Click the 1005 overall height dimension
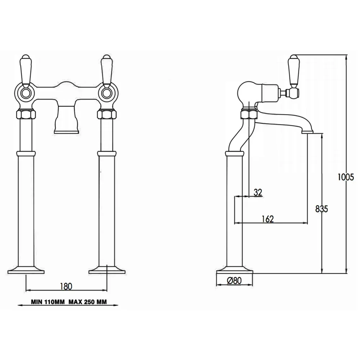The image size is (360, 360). pos(346,177)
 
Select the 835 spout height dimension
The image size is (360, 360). pos(321,209)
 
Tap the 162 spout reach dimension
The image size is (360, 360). pos(268,219)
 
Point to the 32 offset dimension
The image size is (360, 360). pos(258,192)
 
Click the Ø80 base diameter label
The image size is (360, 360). pos(234,280)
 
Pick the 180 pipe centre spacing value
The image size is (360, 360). pos(66,286)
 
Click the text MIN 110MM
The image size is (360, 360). pos(48,302)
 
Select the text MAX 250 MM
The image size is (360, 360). pos(87,302)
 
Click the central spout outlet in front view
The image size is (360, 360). pos(66,120)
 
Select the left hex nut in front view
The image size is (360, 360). pos(26,114)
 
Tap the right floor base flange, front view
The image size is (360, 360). pos(107,270)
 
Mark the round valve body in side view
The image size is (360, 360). pos(247,92)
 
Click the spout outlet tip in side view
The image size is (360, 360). pos(307,132)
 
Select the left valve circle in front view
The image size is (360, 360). pos(26,93)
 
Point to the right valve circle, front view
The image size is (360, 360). pos(106,93)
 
